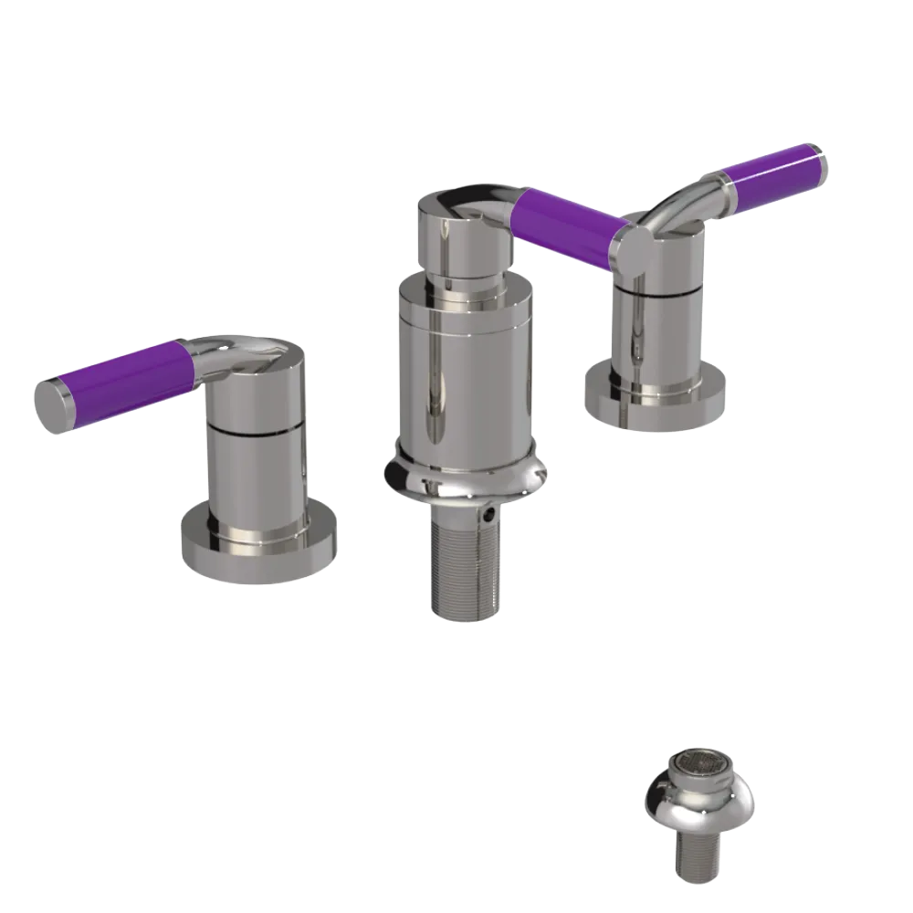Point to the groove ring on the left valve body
tap(256, 428)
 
